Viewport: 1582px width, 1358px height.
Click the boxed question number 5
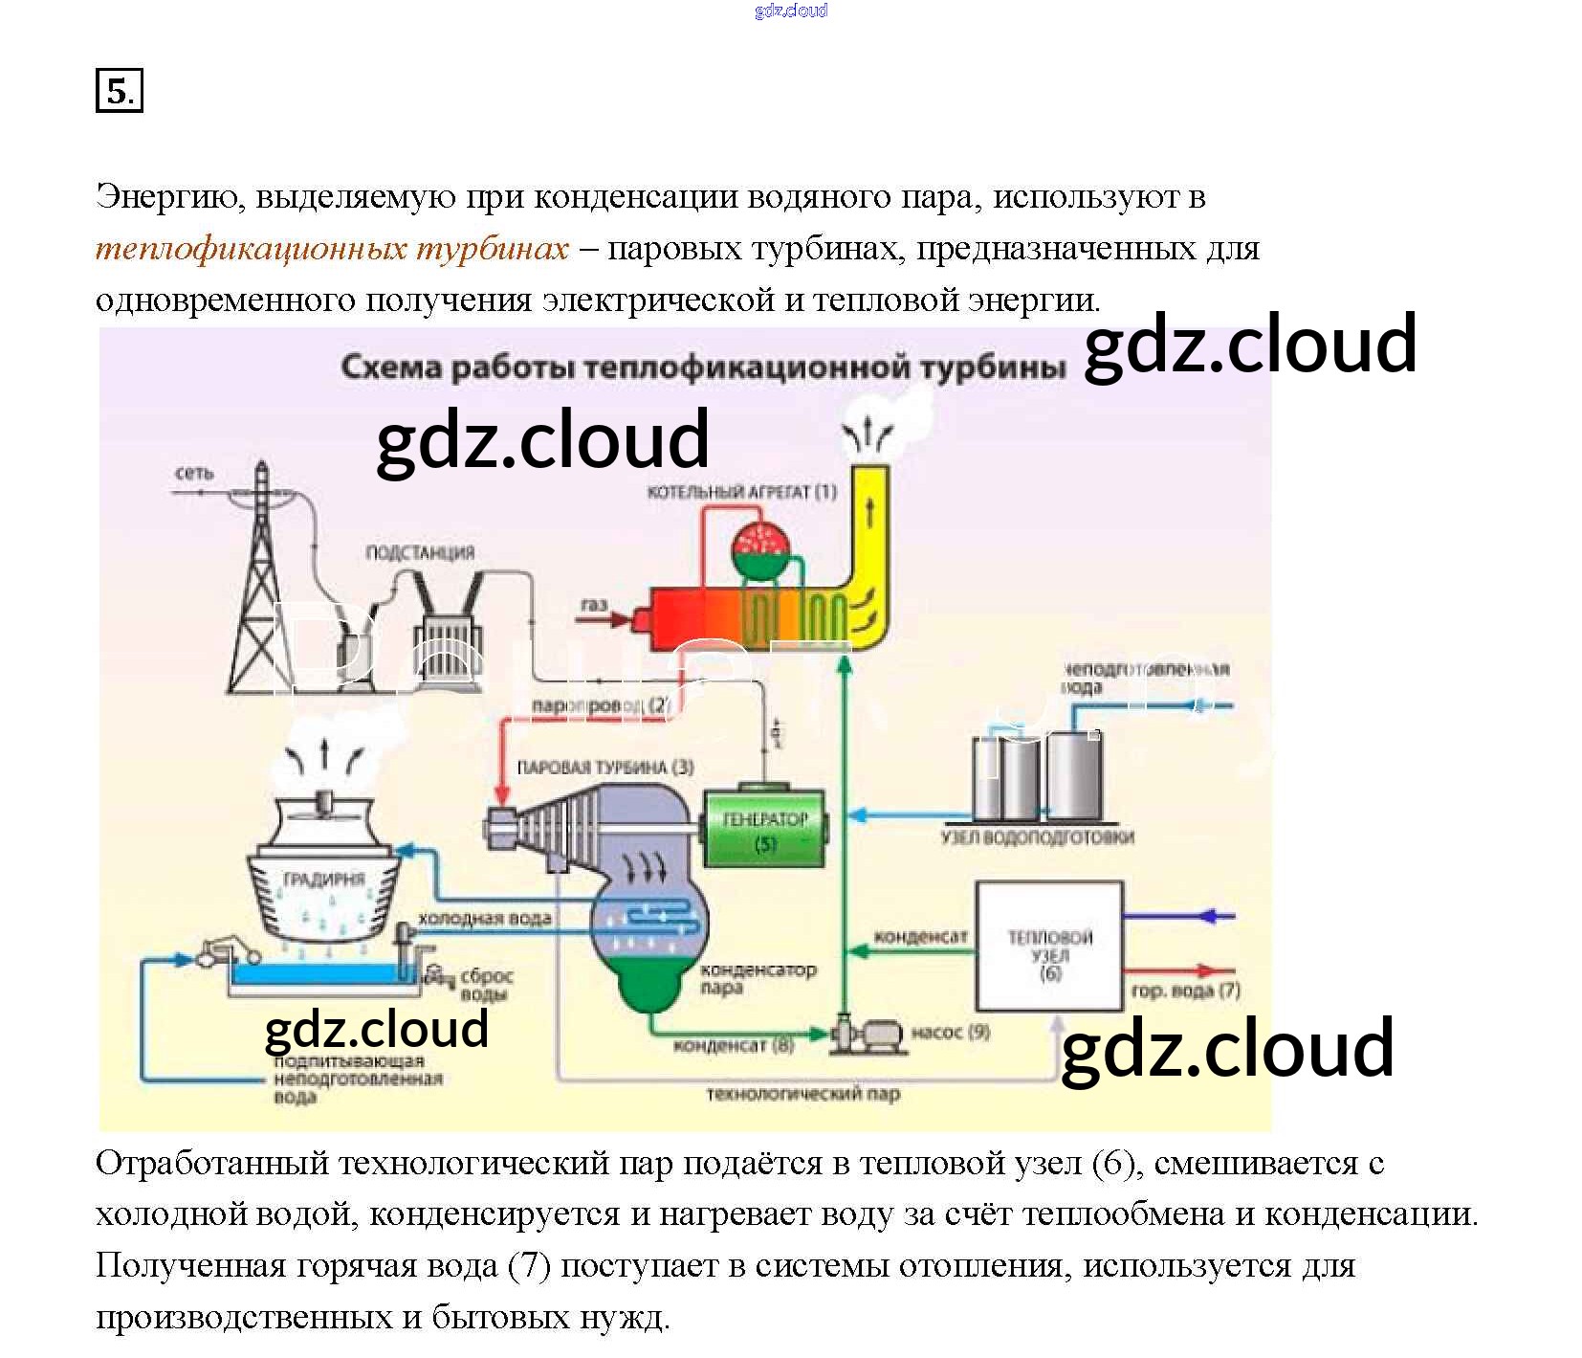coord(119,91)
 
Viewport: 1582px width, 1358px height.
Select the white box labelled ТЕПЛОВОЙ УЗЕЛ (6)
coord(1048,946)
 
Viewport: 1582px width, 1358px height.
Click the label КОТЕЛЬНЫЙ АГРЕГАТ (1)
coord(741,492)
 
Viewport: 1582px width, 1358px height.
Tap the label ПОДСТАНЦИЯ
coord(420,552)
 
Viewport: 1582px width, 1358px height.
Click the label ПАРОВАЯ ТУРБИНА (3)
coord(604,767)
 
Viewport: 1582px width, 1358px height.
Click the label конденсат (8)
coord(734,1045)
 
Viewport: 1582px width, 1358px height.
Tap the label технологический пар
coord(803,1093)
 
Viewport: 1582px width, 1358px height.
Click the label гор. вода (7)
coord(1185,991)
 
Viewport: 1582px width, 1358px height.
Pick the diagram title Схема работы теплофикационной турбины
coord(702,367)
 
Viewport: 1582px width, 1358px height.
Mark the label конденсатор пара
coord(758,977)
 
